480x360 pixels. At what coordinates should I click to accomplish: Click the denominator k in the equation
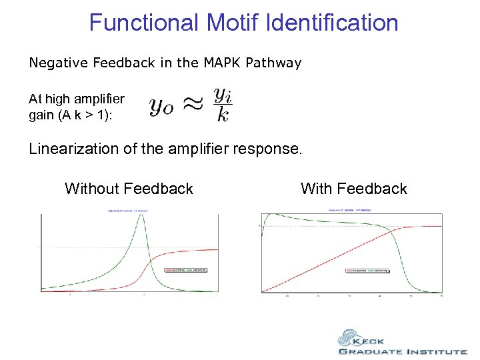click(223, 116)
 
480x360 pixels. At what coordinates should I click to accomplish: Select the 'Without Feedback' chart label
click(129, 189)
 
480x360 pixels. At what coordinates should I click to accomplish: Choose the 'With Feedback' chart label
click(353, 189)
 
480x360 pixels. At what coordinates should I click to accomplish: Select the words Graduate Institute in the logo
click(403, 351)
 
